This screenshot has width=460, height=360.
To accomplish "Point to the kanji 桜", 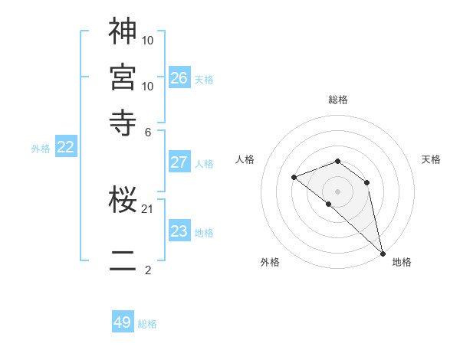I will click(123, 201).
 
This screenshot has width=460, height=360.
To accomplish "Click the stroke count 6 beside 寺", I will click(147, 132).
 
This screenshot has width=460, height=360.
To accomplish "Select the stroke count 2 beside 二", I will click(147, 270).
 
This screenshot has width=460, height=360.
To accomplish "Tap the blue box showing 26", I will click(179, 77).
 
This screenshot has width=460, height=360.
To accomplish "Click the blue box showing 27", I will click(179, 162).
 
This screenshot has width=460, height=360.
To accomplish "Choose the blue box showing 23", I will click(179, 231).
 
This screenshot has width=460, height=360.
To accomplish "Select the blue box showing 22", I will click(65, 147).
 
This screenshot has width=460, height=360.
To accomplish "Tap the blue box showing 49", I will click(123, 322).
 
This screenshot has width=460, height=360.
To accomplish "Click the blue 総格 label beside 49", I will click(147, 324).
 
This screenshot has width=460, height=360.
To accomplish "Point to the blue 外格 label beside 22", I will click(41, 149).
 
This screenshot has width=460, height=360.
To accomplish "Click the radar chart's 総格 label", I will click(337, 100).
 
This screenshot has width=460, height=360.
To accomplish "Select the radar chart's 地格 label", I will click(402, 262).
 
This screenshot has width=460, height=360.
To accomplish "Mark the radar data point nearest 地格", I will click(382, 253).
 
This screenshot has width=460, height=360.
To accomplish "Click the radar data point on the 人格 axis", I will click(294, 178).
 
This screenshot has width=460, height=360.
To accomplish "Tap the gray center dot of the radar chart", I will click(337, 191).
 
